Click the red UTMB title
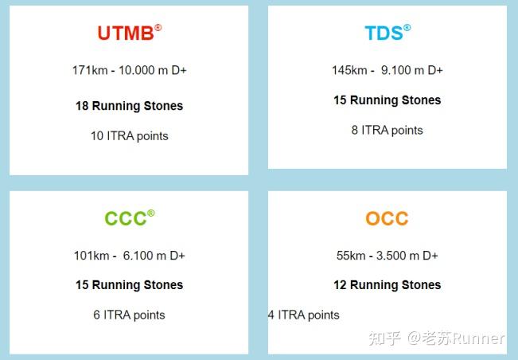[125, 33]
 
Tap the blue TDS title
[384, 33]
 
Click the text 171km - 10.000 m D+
[129, 70]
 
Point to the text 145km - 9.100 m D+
[387, 70]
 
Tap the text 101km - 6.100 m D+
[129, 256]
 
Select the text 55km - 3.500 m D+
[387, 256]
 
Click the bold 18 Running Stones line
[129, 106]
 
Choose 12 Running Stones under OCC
[387, 285]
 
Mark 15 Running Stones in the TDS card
[387, 100]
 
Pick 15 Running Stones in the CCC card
[129, 285]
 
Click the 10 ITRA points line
[129, 136]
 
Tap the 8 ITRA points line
[387, 131]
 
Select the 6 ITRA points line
[129, 315]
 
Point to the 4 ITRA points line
[303, 315]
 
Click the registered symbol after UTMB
[158, 28]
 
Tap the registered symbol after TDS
[407, 28]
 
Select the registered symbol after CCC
[151, 213]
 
